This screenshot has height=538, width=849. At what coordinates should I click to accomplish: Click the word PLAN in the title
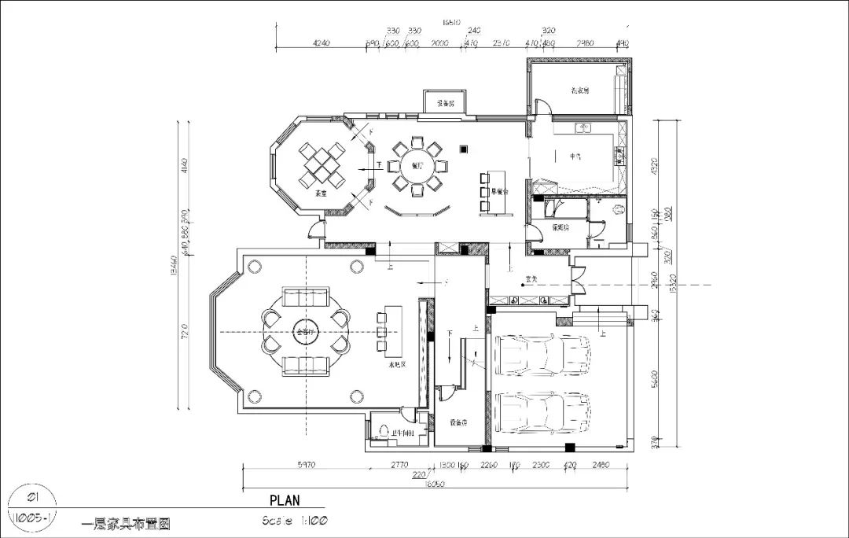285,499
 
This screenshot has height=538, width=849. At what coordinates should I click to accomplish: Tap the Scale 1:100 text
296,520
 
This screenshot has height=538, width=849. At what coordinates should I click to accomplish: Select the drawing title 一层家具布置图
126,521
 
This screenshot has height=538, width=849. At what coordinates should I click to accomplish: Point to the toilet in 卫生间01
385,431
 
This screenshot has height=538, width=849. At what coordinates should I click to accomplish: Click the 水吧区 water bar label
395,366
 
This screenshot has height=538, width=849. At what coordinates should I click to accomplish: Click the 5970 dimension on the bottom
307,465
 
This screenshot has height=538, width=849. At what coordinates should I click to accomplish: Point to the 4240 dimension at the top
321,43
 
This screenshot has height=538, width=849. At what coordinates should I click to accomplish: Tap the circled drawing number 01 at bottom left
33,497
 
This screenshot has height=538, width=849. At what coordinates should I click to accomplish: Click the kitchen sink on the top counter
583,127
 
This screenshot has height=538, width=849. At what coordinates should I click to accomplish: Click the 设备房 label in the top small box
446,103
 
